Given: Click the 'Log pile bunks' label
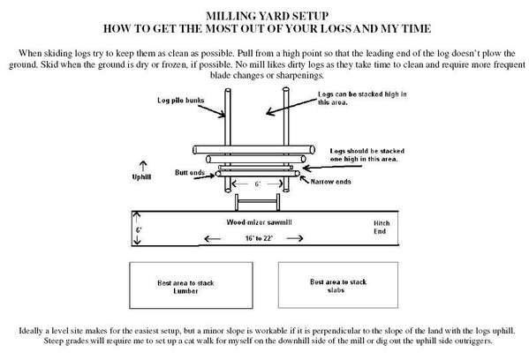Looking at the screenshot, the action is (x=180, y=100).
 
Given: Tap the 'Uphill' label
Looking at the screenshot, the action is (x=141, y=177).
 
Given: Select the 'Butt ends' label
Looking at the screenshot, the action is (x=190, y=173).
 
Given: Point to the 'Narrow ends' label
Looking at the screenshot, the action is (x=330, y=182).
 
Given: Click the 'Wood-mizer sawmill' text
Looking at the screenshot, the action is (x=259, y=222).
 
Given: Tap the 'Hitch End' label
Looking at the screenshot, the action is (x=382, y=227).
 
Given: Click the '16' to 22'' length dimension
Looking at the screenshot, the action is (x=259, y=238).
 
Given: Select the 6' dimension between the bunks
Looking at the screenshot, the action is (x=257, y=184).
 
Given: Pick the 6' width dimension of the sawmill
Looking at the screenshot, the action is (x=137, y=229).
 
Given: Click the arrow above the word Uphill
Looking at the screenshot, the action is (x=143, y=166).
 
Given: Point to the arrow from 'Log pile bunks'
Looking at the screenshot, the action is (x=212, y=111).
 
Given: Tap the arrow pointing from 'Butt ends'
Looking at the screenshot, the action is (x=205, y=176).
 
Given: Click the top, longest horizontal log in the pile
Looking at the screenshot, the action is (x=253, y=149).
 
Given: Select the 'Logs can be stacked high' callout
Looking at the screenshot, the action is (x=362, y=98).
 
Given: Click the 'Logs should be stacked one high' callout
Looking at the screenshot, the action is (x=367, y=154).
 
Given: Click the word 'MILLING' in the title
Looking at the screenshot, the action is (x=230, y=16).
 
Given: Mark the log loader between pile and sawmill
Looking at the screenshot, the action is (x=257, y=202).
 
